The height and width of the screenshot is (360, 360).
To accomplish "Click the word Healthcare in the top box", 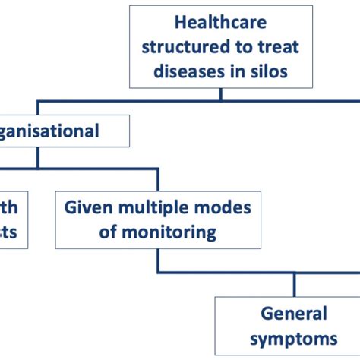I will click(220, 23).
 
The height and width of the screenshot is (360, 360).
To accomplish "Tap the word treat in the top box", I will click(279, 47).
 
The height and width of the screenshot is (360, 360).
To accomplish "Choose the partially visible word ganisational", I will click(52, 131).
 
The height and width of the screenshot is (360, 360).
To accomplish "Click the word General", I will click(294, 313).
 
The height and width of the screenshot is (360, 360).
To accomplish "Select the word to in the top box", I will click(243, 47).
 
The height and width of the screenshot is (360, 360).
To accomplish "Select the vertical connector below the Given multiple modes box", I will click(158, 260).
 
